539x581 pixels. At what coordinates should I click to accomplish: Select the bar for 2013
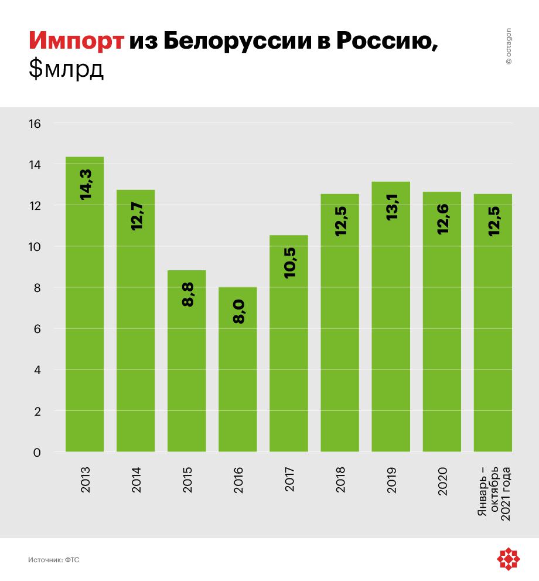click(x=85, y=305)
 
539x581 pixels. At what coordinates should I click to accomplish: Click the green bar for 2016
click(x=238, y=369)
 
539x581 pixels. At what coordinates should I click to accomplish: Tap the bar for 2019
click(x=391, y=317)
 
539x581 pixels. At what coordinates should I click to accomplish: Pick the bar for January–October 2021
click(x=493, y=322)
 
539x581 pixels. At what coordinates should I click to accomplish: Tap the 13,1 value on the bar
click(x=391, y=206)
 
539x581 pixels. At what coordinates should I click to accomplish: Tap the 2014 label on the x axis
click(x=136, y=479)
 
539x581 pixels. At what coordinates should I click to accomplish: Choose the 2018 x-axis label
click(x=340, y=479)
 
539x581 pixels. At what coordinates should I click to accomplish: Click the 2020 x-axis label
click(x=442, y=479)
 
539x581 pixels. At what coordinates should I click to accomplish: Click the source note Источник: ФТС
click(x=53, y=560)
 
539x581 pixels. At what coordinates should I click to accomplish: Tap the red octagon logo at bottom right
click(x=509, y=559)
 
